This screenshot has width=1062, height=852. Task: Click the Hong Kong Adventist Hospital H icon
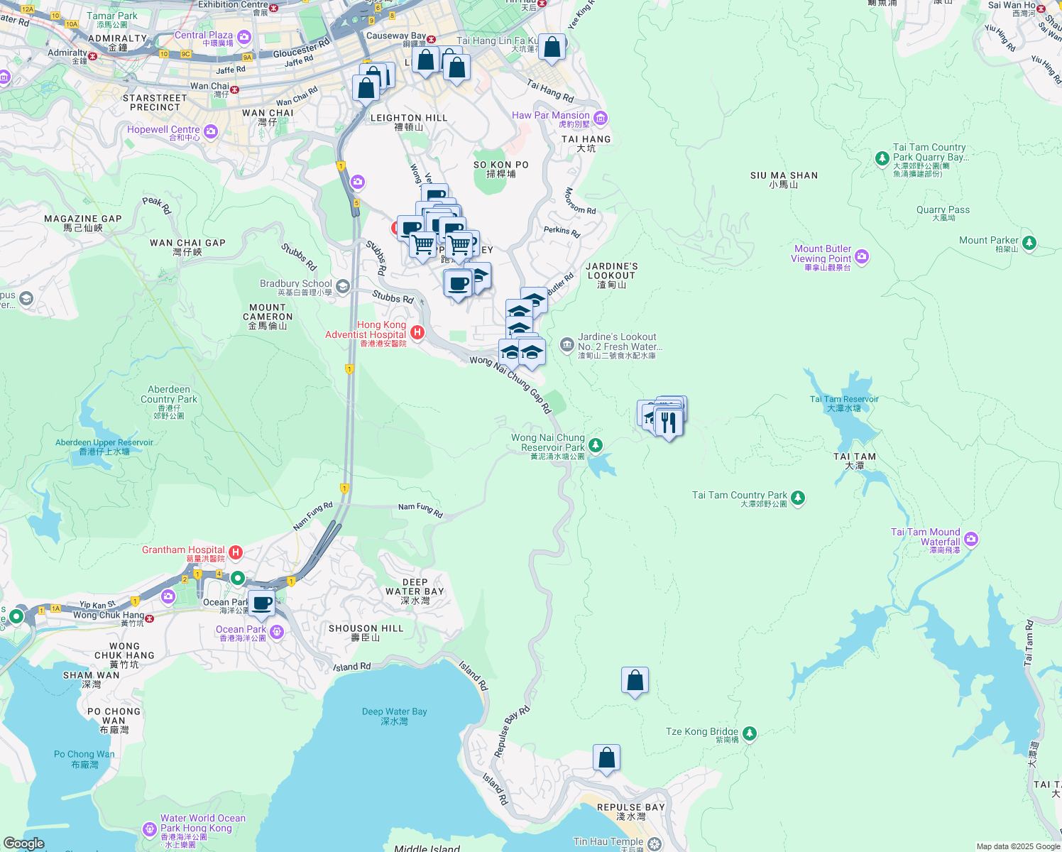[x=417, y=332]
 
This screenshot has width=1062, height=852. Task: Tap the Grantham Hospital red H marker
[x=236, y=552]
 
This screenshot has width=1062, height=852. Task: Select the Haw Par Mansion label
[x=551, y=116]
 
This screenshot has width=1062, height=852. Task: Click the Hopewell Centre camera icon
[x=210, y=131]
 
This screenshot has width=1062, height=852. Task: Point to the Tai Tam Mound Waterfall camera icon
[x=971, y=540]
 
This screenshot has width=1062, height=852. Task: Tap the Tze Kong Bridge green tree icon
[x=750, y=733]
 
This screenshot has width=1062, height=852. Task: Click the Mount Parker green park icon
[x=1029, y=243]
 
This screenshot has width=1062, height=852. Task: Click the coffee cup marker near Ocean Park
[x=261, y=603]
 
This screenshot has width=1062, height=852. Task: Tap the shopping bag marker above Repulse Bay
[x=606, y=758]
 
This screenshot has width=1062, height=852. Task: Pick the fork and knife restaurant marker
[x=668, y=422]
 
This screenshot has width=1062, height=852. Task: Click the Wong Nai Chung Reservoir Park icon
[x=596, y=445]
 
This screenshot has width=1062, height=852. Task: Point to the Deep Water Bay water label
[x=394, y=716]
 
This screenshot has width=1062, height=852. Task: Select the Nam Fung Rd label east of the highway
[x=420, y=509]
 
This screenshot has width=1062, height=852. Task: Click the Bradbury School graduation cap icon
[x=343, y=286]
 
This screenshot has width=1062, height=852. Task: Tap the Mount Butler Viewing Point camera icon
[x=862, y=257]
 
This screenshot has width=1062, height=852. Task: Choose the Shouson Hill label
[x=366, y=633]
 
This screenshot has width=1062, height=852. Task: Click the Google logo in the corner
[x=24, y=843]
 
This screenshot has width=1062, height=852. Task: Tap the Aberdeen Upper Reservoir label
[x=104, y=447]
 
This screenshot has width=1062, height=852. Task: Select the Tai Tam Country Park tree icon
[x=798, y=498]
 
